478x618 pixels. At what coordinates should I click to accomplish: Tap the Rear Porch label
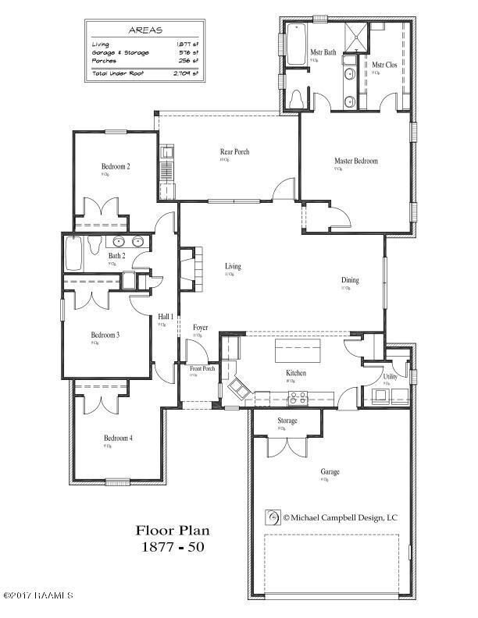coord(234,151)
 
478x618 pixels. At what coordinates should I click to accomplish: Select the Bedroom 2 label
coord(115,166)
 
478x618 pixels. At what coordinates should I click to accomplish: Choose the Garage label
coord(329,471)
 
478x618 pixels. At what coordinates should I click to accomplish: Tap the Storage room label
coord(287,421)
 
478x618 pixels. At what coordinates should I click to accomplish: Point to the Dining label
coord(350,280)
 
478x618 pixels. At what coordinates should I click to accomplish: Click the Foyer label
coord(200,327)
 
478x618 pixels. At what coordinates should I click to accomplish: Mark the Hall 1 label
coord(165,316)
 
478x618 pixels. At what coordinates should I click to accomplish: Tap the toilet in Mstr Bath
coord(297,98)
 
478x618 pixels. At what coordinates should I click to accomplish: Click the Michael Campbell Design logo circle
coord(273,517)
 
